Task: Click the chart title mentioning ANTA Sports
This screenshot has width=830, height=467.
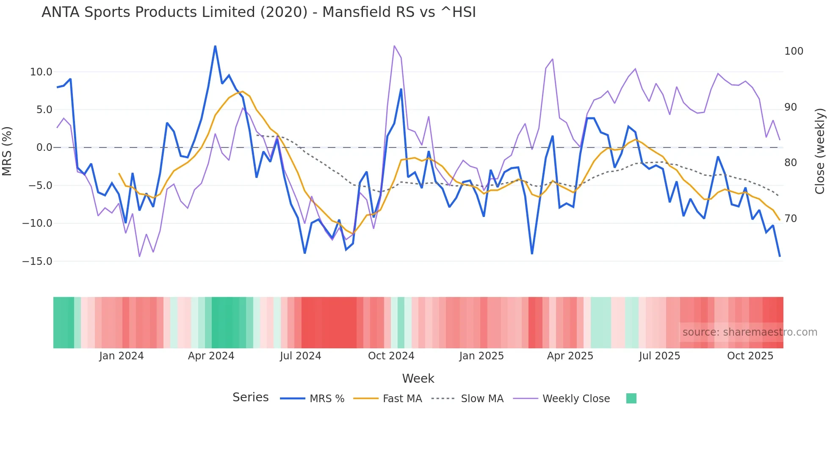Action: click(258, 12)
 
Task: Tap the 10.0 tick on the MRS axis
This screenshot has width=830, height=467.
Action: click(41, 72)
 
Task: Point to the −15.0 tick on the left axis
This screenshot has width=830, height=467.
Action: click(37, 261)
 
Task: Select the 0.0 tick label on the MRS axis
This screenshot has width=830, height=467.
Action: click(44, 147)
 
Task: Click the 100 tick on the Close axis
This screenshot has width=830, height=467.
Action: click(794, 51)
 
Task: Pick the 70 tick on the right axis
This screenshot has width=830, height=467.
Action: click(791, 219)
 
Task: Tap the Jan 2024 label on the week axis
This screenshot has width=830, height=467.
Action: click(122, 356)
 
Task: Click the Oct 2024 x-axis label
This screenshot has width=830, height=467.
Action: click(391, 356)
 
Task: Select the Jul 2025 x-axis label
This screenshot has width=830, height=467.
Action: click(659, 356)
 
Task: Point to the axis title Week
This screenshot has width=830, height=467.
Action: click(418, 378)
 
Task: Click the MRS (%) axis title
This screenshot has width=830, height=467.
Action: click(7, 151)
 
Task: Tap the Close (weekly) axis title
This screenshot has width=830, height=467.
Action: click(820, 151)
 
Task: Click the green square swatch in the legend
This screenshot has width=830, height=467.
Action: click(631, 398)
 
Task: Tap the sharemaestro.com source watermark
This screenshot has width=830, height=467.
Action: click(750, 332)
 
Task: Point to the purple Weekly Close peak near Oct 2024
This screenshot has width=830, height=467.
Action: click(394, 46)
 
